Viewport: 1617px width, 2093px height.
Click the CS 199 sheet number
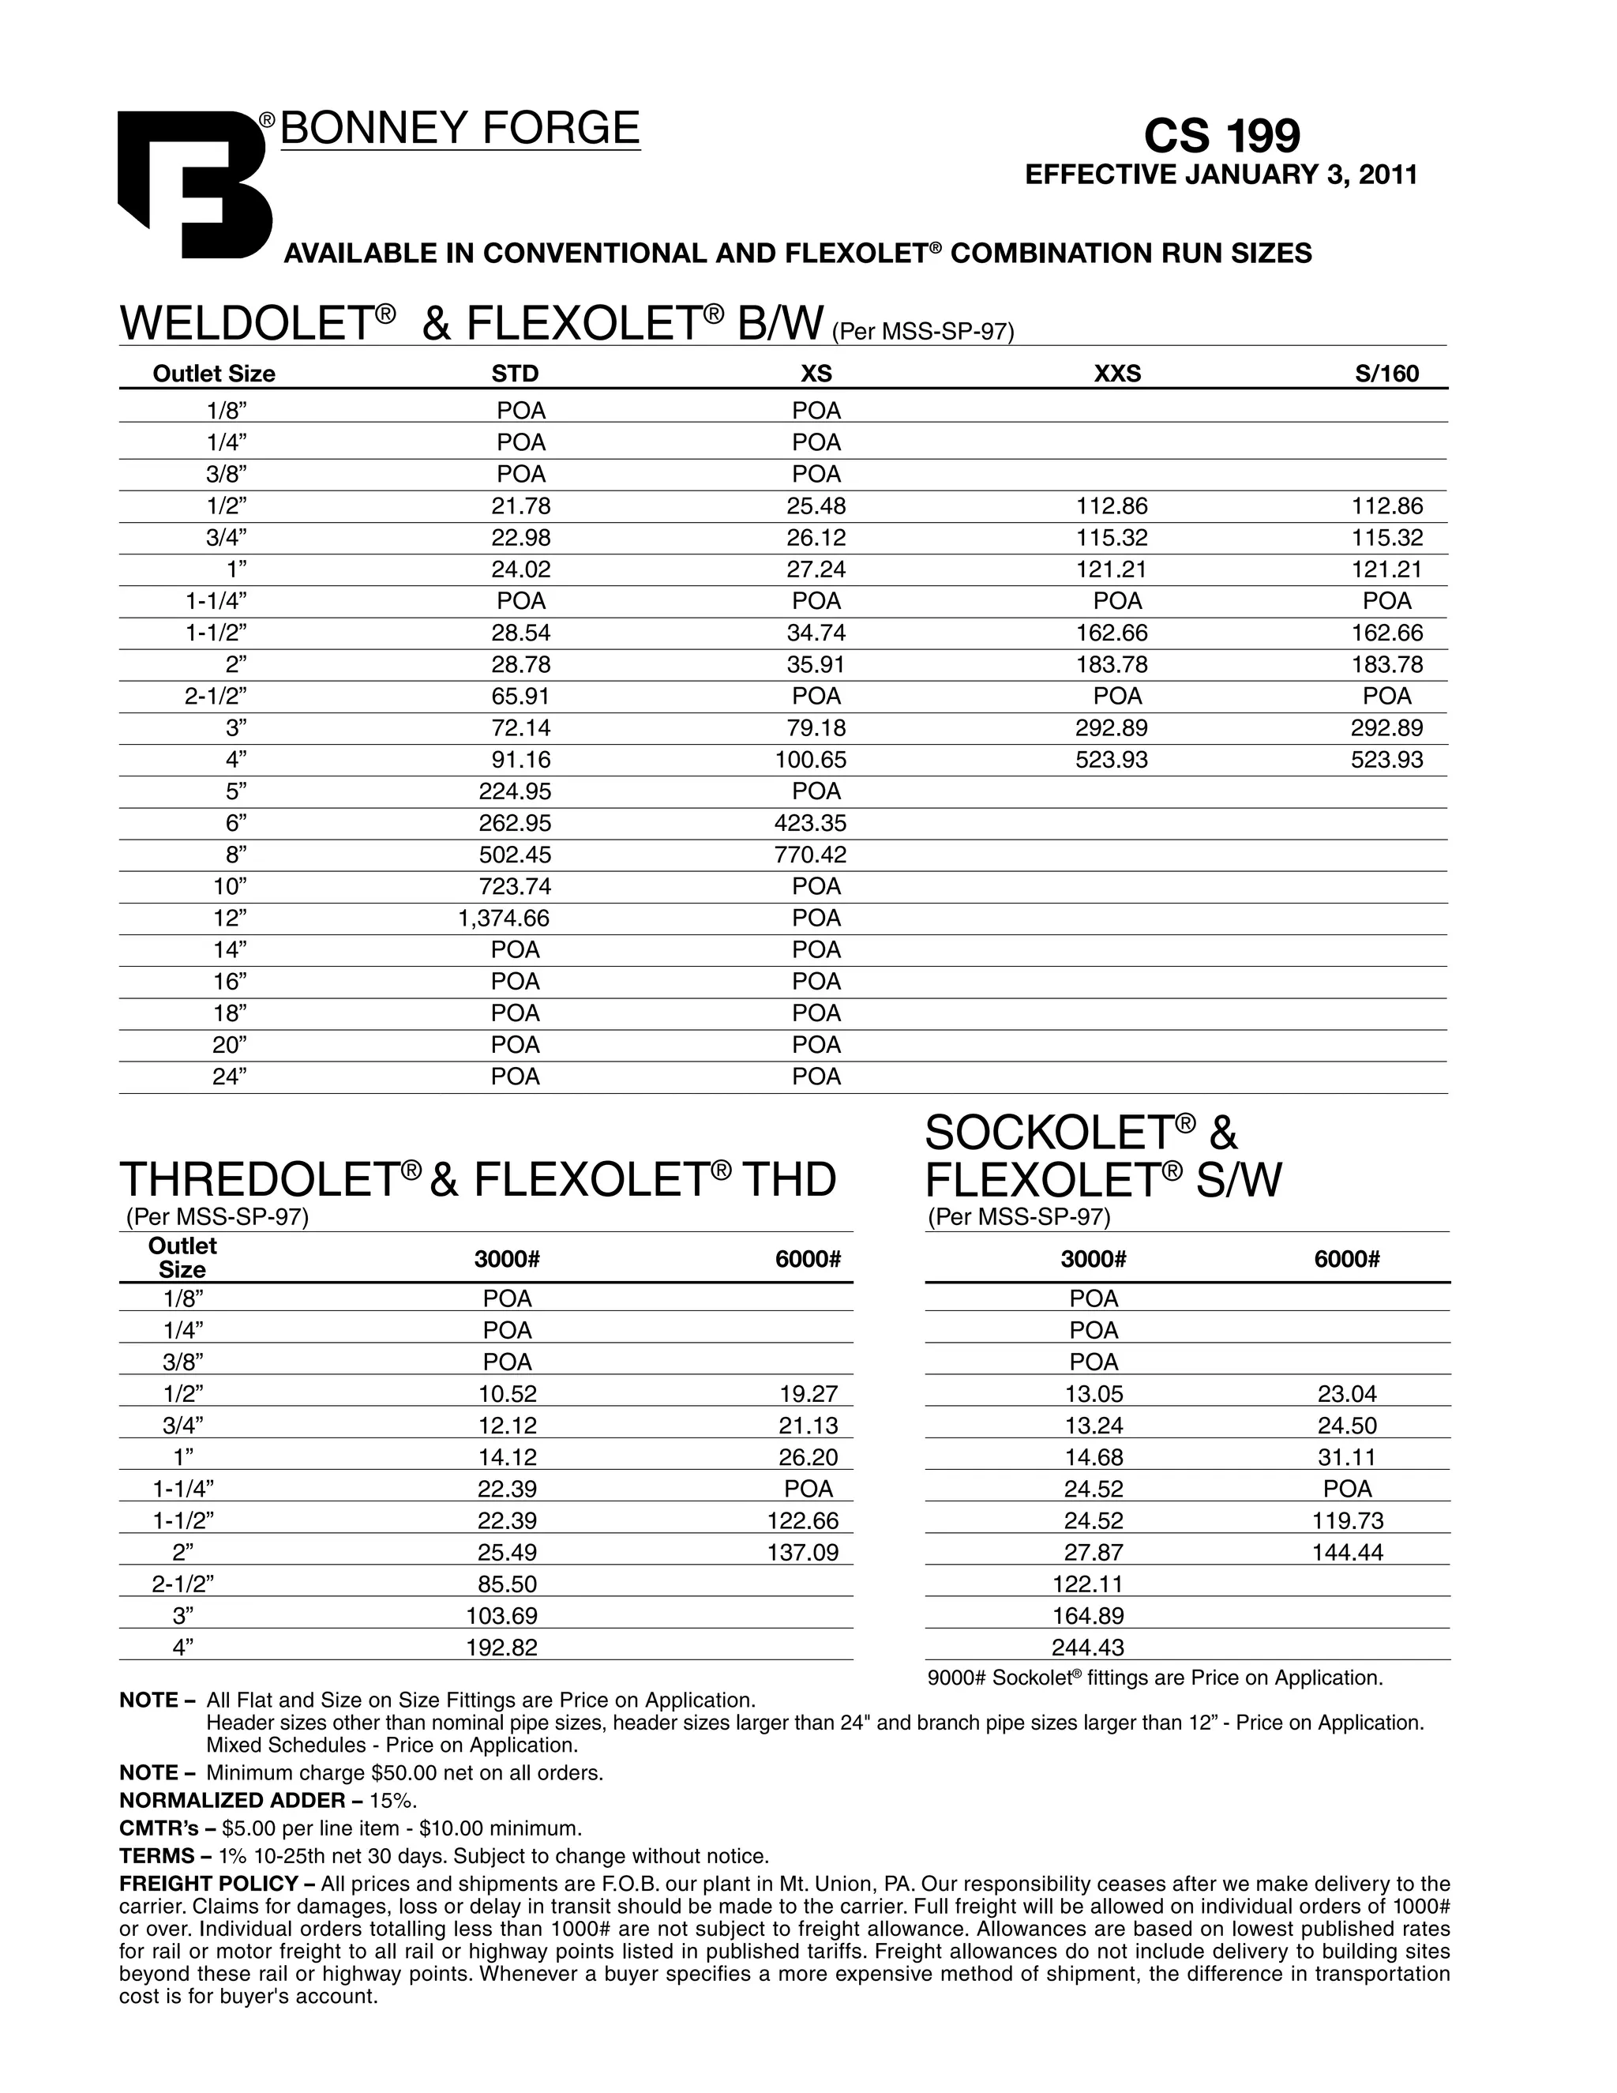(x=1221, y=135)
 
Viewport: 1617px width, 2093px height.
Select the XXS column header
(x=1117, y=374)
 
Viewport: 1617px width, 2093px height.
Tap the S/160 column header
(x=1386, y=374)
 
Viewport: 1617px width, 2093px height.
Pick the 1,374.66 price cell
(x=504, y=918)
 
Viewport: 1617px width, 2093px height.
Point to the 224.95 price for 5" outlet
(x=515, y=791)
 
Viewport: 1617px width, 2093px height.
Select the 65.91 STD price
(x=521, y=696)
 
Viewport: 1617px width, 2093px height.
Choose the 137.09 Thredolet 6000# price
(x=803, y=1553)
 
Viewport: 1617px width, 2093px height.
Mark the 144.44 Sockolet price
(x=1347, y=1553)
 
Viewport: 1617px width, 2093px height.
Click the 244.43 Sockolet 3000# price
(x=1087, y=1648)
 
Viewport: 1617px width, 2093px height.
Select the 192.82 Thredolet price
(x=502, y=1648)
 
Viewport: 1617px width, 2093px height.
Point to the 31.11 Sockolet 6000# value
(x=1347, y=1458)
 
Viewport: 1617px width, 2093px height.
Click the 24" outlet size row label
(x=230, y=1077)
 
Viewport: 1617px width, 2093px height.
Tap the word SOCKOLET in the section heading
(x=1049, y=1133)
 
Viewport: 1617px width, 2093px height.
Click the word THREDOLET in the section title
(x=259, y=1180)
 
